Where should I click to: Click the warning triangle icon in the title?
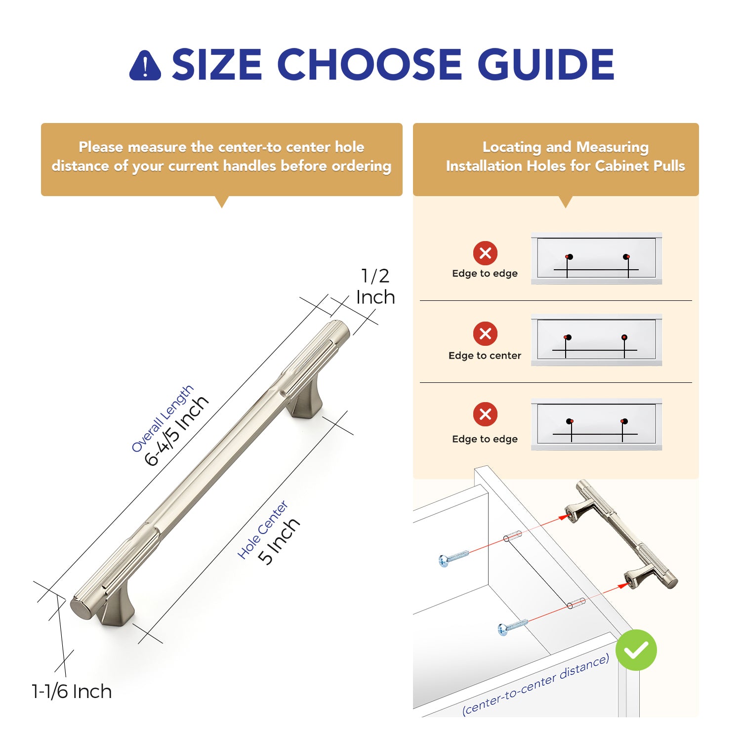pos(145,66)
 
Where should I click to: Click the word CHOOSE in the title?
pos(369,64)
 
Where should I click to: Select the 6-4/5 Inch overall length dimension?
pos(177,431)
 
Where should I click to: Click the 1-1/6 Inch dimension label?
pos(72,692)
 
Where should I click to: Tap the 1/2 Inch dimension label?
pos(375,287)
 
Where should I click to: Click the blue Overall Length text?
pos(163,418)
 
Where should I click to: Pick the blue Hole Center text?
pos(263,530)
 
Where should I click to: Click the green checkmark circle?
pos(636,650)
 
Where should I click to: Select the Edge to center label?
pos(485,356)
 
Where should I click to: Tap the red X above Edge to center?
pos(485,334)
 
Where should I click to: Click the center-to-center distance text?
pos(535,685)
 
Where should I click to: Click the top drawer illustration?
pos(597,258)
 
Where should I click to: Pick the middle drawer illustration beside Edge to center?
pos(597,340)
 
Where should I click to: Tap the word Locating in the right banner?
pos(512,147)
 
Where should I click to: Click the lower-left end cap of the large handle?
pos(81,608)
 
